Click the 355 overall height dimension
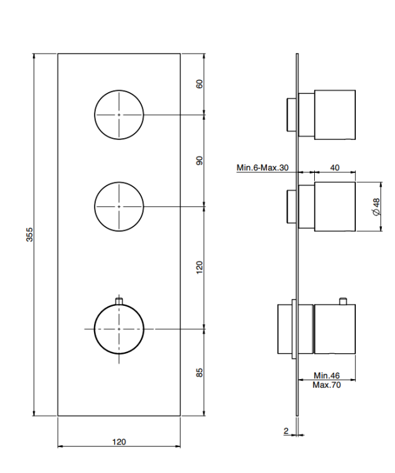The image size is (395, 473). pyautogui.click(x=30, y=235)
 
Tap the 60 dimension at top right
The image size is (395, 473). pyautogui.click(x=200, y=84)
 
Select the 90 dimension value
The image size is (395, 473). pyautogui.click(x=200, y=160)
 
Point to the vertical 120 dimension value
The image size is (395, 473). pyautogui.click(x=200, y=267)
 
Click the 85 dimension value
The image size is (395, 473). pyautogui.click(x=200, y=372)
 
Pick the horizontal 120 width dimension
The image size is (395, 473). pyautogui.click(x=119, y=442)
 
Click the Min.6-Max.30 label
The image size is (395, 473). pyautogui.click(x=262, y=167)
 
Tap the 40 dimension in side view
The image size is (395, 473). pyautogui.click(x=334, y=167)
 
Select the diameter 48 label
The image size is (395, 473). pyautogui.click(x=376, y=207)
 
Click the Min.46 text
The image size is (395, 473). pyautogui.click(x=326, y=376)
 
